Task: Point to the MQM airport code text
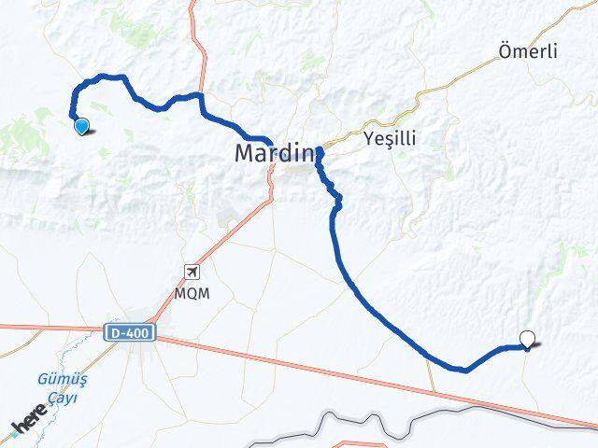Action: (x=192, y=292)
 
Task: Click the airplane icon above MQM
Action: (x=192, y=273)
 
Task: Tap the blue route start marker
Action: (x=81, y=127)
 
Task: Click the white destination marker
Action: (x=528, y=341)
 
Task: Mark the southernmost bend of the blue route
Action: (x=464, y=370)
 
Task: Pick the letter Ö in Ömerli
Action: (x=505, y=52)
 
